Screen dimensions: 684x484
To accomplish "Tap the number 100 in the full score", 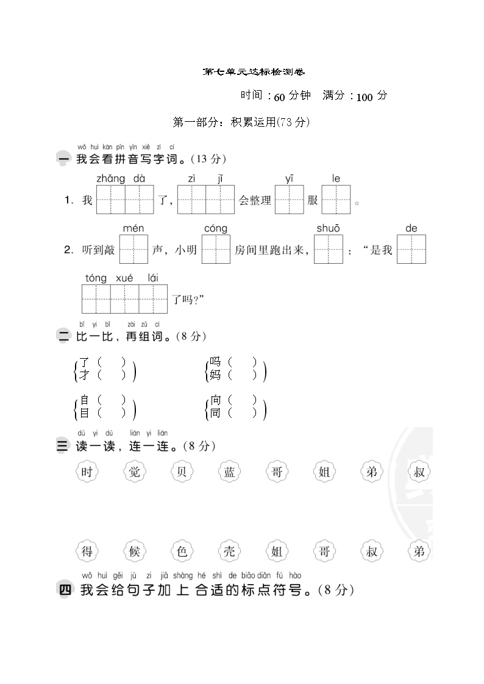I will click(365, 97).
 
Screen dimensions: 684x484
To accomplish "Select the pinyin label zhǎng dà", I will click(121, 178).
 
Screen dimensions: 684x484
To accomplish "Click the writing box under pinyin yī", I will click(289, 199).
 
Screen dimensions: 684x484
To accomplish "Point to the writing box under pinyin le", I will click(336, 199).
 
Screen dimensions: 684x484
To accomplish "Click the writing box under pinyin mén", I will click(133, 249).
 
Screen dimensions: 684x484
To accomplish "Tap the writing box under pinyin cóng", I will click(216, 249).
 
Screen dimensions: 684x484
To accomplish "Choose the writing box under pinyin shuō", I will click(329, 249).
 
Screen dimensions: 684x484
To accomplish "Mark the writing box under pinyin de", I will click(411, 249).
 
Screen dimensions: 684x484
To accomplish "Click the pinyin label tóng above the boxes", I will click(96, 278).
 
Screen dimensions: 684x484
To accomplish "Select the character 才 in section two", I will click(84, 375).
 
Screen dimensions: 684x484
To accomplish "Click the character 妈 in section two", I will click(215, 375).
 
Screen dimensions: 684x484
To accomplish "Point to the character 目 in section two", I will click(84, 413).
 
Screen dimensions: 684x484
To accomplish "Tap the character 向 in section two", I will click(215, 400).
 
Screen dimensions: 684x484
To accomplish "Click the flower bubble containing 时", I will click(89, 471).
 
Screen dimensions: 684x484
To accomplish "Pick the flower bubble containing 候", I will click(134, 552).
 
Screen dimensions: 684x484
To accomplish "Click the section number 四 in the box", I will click(64, 590).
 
